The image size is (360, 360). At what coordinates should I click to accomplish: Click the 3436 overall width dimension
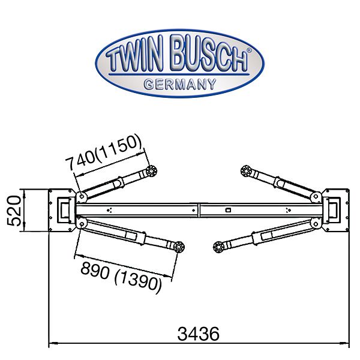click(198, 334)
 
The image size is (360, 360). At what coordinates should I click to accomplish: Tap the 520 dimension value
click(14, 211)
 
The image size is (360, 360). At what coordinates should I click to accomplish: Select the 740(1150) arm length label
click(104, 152)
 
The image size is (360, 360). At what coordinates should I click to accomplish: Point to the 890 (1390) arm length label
click(121, 277)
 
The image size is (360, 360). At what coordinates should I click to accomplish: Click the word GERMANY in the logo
click(180, 84)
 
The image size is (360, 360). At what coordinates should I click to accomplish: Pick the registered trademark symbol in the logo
click(249, 50)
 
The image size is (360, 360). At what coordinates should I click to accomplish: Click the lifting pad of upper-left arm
click(151, 171)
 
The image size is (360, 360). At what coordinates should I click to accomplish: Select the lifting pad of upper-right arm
click(246, 171)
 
